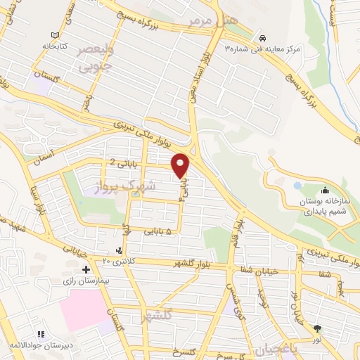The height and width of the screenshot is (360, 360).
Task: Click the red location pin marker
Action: [181, 165]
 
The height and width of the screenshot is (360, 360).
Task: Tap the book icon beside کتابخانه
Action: [54, 34]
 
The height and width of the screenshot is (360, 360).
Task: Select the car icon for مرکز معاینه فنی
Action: [262, 37]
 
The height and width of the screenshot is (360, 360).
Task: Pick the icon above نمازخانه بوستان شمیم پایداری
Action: [325, 190]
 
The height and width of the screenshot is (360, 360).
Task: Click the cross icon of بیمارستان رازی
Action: [86, 269]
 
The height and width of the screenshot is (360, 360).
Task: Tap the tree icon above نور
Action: [317, 328]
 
